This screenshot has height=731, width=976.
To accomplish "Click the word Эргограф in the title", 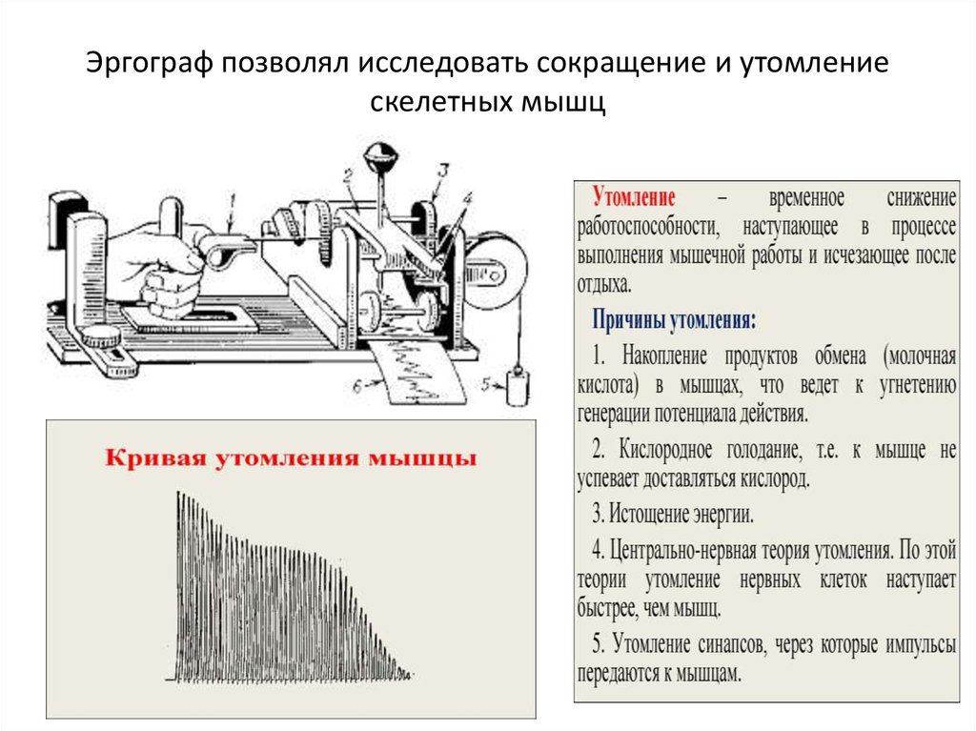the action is [150, 64].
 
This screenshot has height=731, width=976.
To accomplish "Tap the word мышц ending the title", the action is [562, 101].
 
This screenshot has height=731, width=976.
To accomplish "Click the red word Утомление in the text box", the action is [634, 196].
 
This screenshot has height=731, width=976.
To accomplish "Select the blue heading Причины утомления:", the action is [674, 320].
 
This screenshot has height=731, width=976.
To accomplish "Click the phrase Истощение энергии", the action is [681, 515].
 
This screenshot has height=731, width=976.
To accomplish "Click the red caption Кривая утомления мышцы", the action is [291, 457].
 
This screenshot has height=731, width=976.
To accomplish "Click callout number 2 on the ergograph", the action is [347, 177].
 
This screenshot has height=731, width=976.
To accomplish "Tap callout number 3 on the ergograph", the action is [442, 170].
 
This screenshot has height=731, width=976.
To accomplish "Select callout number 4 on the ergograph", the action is [467, 198].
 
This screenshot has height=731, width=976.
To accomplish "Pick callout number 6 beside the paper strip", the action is [357, 387].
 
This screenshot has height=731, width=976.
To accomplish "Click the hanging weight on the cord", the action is [518, 387].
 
